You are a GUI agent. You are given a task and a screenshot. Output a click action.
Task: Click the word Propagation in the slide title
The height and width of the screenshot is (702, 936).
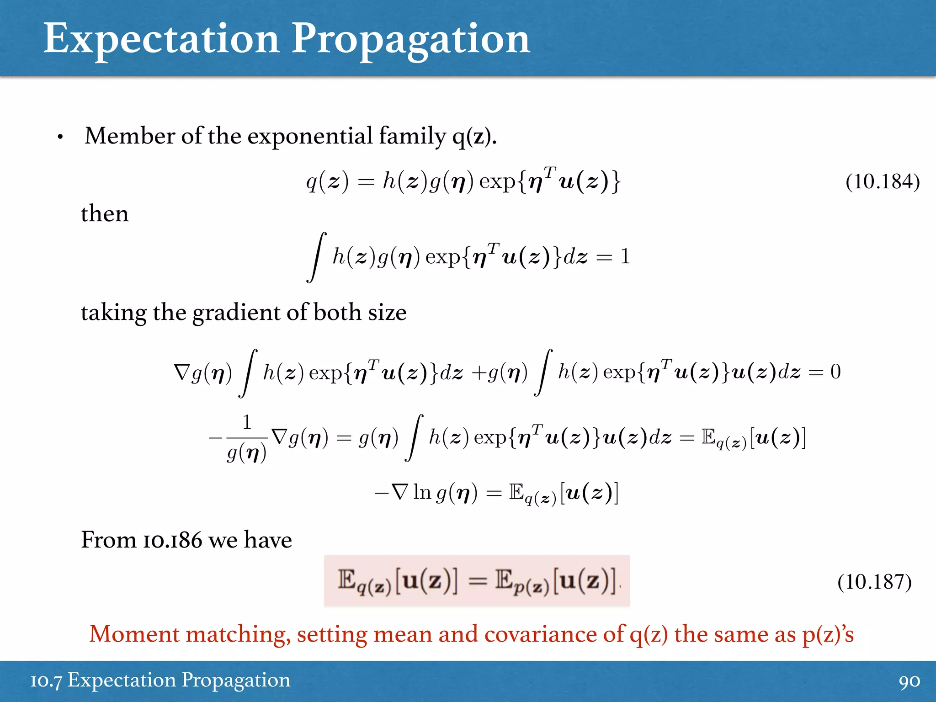pos(410,39)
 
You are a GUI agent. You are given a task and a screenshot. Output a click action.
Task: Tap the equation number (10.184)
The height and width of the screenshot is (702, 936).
pos(882,181)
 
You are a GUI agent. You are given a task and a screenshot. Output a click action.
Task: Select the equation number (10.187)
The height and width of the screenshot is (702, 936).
pos(874,582)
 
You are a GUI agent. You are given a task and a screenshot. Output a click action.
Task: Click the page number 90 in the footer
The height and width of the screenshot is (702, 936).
pos(909,681)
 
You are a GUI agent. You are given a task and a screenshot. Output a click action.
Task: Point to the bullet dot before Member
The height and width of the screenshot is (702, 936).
pos(60,137)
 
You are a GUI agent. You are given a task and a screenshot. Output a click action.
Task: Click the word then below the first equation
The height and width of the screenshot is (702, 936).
pos(105,213)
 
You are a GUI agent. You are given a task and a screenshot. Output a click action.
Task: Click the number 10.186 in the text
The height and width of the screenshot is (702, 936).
pos(172,540)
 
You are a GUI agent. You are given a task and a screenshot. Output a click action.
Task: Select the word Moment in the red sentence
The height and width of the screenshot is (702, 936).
pos(134,634)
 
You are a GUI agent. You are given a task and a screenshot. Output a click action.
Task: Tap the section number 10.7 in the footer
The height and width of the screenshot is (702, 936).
pos(46,681)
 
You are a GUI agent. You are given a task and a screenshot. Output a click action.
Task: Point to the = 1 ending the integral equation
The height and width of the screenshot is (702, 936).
pos(613,257)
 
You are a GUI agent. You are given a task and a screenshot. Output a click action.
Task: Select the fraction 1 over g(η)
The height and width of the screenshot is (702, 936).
pos(247,438)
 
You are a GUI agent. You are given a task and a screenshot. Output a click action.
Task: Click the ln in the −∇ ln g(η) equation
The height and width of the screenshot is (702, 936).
pos(422,493)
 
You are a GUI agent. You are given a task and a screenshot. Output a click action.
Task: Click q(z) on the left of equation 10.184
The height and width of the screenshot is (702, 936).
pos(327,181)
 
